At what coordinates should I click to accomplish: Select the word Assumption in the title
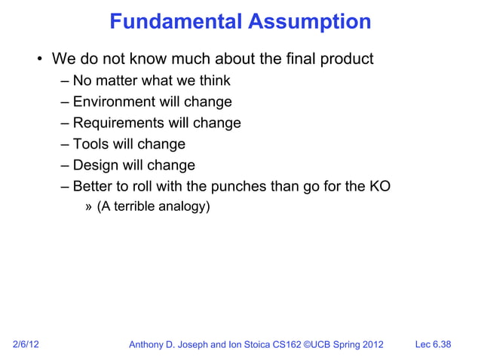pyautogui.click(x=309, y=22)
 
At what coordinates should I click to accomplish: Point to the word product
pyautogui.click(x=346, y=59)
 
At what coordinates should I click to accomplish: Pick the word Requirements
pyautogui.click(x=118, y=123)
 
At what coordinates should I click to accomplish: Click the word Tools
pyautogui.click(x=91, y=144)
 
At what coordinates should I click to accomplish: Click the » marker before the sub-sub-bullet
pyautogui.click(x=89, y=206)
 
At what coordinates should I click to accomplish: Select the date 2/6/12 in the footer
pyautogui.click(x=26, y=345)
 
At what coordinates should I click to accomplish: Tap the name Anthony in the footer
pyautogui.click(x=150, y=345)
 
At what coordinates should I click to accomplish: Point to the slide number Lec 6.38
pyautogui.click(x=434, y=345)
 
